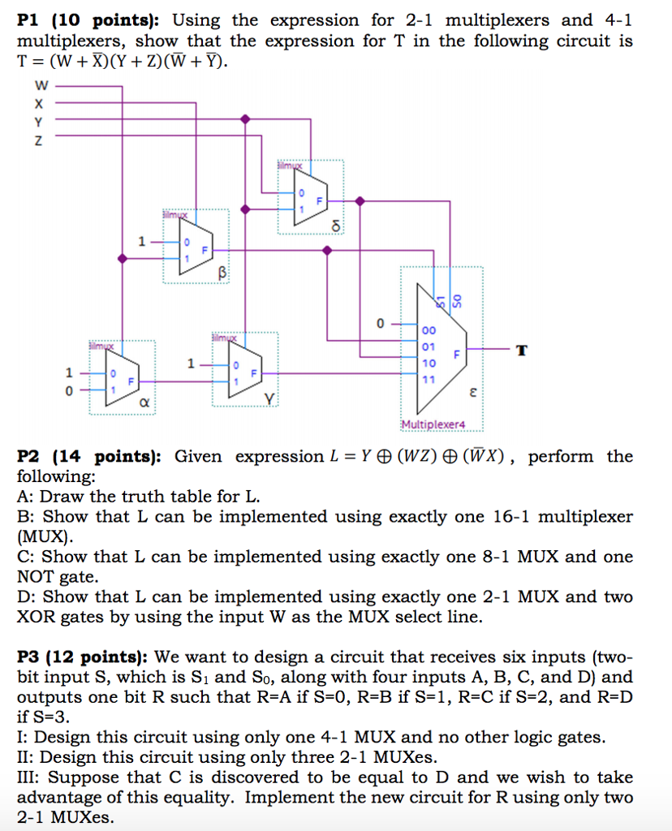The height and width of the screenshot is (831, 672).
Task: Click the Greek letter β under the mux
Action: coord(220,273)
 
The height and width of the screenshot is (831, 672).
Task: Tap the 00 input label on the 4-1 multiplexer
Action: coord(429,330)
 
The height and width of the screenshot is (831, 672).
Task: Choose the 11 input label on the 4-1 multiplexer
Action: coord(429,379)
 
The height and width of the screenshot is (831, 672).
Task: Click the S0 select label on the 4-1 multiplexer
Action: coord(455,301)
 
